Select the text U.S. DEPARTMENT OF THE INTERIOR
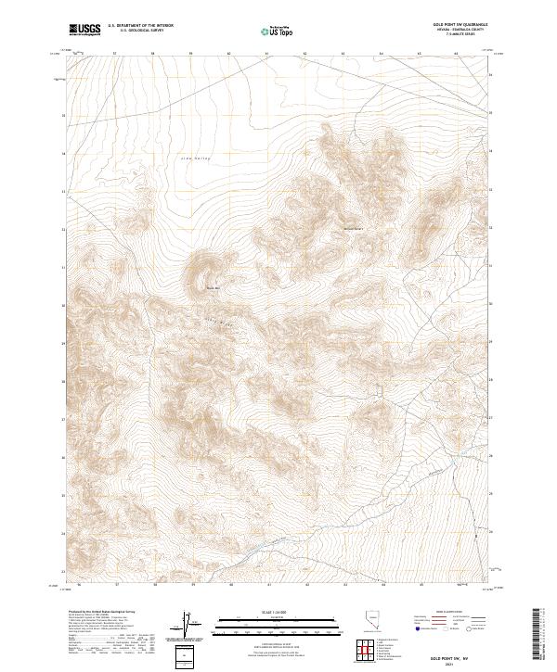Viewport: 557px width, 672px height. [140, 26]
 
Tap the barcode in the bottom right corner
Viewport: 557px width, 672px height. [538, 637]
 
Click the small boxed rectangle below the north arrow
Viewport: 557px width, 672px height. [185, 656]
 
